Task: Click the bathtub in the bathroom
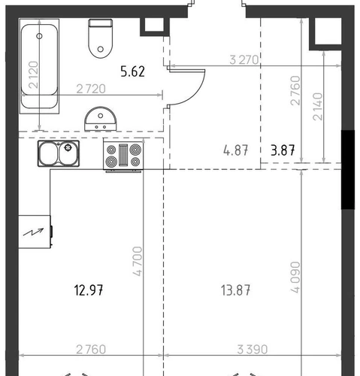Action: coord(39,66)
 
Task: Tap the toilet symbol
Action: coord(101,38)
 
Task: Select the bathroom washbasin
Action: coord(101,119)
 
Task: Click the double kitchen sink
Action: coord(59,153)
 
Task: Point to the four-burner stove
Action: coord(123,156)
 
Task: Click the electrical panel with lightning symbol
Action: coord(35,232)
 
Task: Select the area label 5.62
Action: coord(132,71)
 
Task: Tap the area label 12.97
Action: coord(89,290)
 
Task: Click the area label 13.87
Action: coord(235,290)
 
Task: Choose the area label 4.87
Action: coord(235,150)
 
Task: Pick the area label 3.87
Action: coord(283,150)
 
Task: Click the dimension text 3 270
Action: coord(244,60)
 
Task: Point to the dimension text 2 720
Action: coord(91,89)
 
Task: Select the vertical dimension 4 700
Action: coord(138,262)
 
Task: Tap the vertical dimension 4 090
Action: coord(295,277)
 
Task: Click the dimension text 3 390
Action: coord(253,350)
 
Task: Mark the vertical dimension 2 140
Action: coord(318,107)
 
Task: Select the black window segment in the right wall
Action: coord(348,169)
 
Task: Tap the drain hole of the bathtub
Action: coord(39,36)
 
